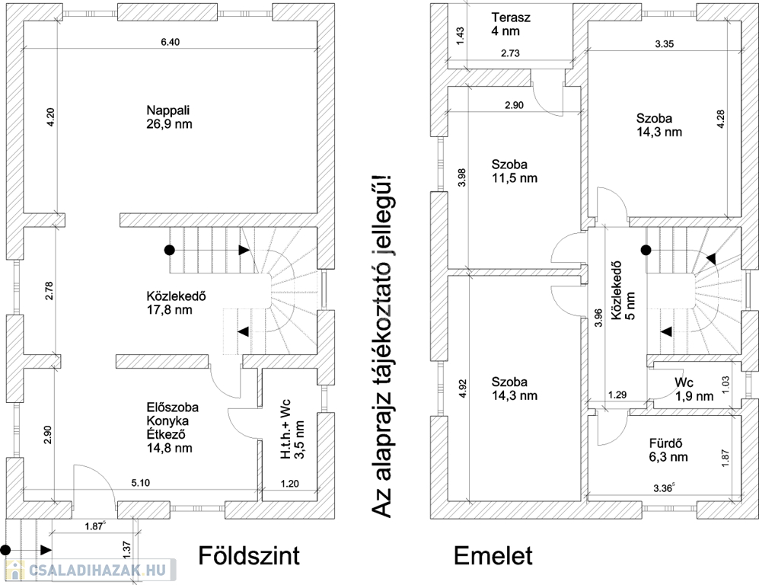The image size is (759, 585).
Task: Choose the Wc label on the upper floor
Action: coord(684,382)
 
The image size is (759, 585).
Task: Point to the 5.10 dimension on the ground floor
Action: coord(141,483)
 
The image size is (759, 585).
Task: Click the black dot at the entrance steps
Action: coord(7,548)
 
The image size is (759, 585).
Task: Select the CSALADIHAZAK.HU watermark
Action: coord(89,569)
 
